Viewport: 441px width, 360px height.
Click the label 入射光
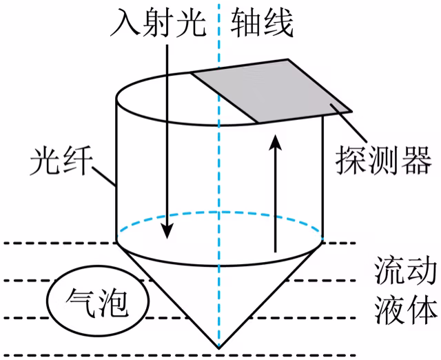[158, 23]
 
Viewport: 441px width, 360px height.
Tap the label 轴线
[262, 23]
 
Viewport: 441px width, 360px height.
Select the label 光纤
[61, 161]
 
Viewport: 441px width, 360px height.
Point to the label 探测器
[383, 160]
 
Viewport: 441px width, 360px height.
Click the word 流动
[406, 270]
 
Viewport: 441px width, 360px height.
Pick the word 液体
[406, 310]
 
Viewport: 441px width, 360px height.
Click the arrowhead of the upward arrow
[275, 143]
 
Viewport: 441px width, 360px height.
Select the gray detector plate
[272, 90]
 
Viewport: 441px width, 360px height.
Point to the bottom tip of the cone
[219, 348]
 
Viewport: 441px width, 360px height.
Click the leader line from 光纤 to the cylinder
[104, 177]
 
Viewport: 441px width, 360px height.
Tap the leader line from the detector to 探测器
[349, 123]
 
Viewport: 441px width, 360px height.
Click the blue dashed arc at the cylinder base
[219, 212]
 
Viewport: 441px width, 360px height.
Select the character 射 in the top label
[158, 23]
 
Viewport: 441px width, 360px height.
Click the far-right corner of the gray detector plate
[352, 112]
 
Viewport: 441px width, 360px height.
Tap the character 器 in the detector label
[416, 160]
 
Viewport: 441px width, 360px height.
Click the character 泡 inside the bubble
[113, 303]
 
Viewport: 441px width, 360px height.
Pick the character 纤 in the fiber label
[78, 161]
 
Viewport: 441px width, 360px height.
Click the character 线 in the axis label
[278, 23]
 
